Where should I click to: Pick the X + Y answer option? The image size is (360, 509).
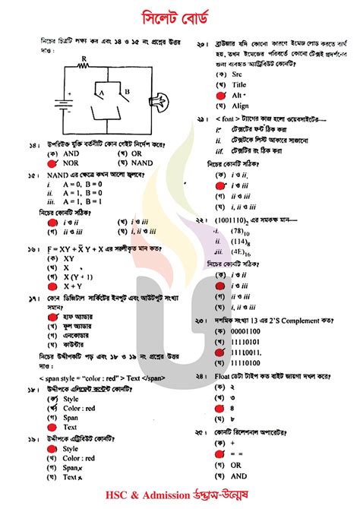coord(73,286)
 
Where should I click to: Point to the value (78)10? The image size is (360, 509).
coord(241,231)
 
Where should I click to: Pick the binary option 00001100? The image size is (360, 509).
coord(248,331)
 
